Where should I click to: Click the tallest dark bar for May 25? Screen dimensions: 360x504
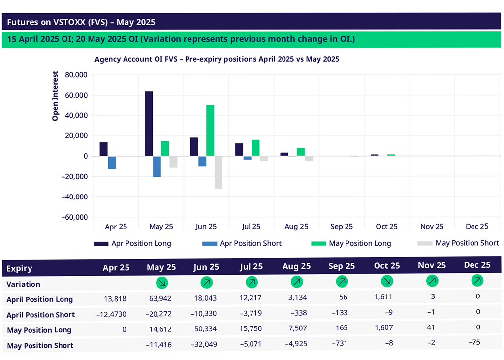[149, 124]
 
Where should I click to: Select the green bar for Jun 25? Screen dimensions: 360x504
[210, 131]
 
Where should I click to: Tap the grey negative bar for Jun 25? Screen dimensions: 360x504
[218, 172]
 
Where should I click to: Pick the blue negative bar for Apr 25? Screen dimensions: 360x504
[112, 163]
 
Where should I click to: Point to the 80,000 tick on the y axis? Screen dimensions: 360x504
[73, 75]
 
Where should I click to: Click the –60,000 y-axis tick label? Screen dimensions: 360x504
[73, 217]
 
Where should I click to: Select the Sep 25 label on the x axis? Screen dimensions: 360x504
[342, 227]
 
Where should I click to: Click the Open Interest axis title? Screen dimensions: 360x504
[55, 97]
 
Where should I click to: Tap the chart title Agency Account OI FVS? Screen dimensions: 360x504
[217, 59]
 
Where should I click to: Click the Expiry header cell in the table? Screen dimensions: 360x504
[19, 268]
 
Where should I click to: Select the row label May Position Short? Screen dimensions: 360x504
[40, 346]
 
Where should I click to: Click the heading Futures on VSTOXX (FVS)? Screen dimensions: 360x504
[81, 22]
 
